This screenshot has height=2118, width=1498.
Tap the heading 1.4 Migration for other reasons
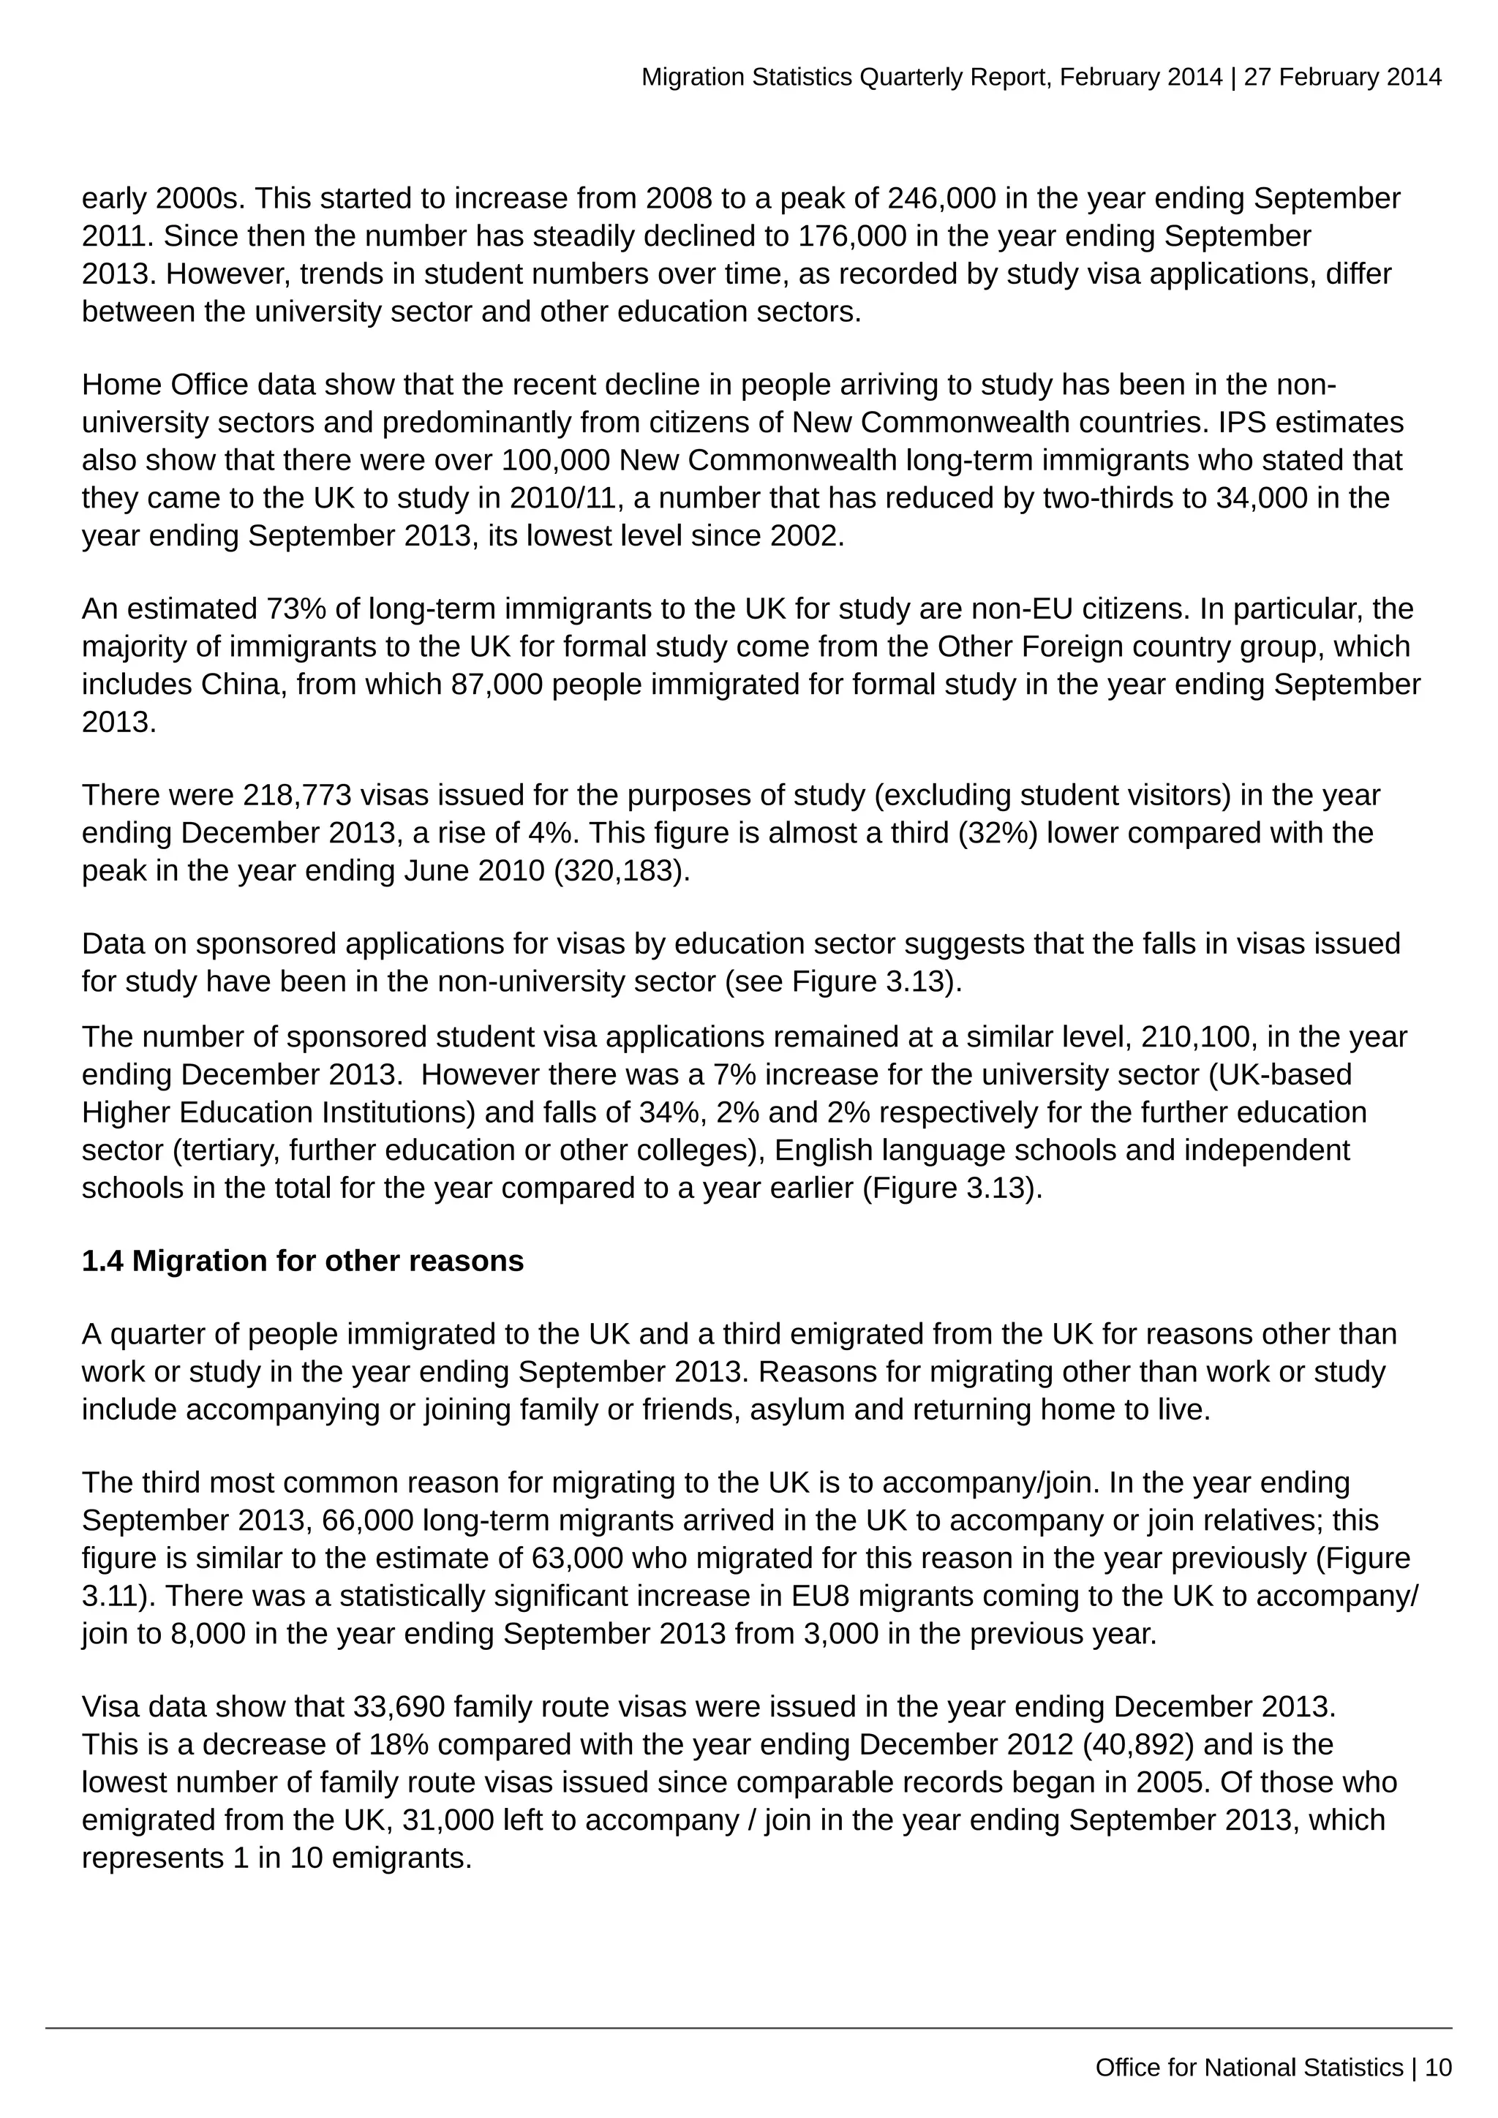[303, 1261]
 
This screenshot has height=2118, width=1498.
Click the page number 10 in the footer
[1438, 2068]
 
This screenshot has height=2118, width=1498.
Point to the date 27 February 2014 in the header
[1342, 77]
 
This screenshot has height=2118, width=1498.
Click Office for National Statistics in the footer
[1249, 2068]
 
